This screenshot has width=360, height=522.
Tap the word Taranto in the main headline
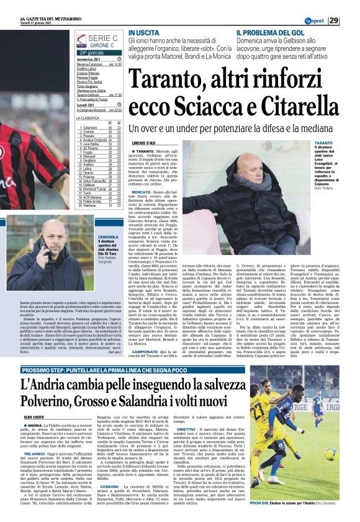(x=164, y=79)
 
